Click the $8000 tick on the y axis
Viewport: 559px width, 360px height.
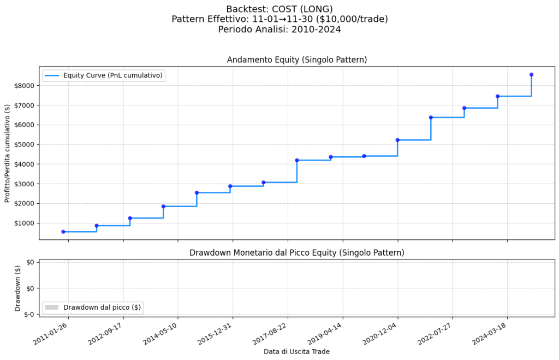[x=24, y=86]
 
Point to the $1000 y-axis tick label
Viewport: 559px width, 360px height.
[x=24, y=223]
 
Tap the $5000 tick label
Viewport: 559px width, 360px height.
[x=24, y=145]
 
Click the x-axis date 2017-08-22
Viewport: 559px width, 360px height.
[x=269, y=333]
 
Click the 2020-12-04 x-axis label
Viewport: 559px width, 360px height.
[x=379, y=333]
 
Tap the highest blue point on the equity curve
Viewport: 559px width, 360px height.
[x=531, y=75]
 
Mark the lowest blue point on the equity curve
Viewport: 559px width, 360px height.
[x=63, y=232]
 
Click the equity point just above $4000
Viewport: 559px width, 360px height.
[x=297, y=160]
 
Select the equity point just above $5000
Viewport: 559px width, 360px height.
[x=397, y=140]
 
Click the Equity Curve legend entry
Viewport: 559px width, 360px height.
[x=104, y=75]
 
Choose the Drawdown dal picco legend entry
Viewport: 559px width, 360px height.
[x=93, y=308]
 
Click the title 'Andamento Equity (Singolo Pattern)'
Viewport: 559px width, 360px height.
[x=296, y=60]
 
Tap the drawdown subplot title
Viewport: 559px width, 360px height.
[x=296, y=252]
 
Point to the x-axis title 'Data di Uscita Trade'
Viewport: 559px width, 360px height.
[x=296, y=351]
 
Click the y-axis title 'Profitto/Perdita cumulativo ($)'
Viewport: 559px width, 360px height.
[x=8, y=152]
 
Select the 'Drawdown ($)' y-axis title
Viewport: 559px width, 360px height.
[x=17, y=288]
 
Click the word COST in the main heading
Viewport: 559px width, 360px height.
[x=298, y=9]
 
